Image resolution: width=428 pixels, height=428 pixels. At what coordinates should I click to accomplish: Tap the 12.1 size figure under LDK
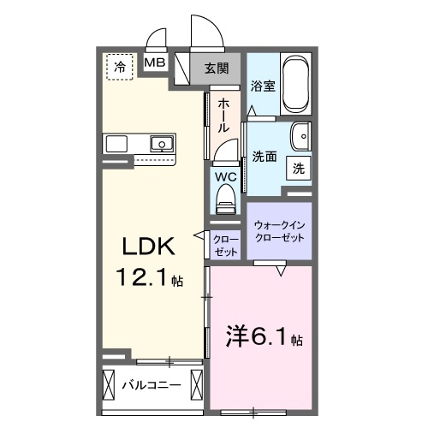tap(146, 279)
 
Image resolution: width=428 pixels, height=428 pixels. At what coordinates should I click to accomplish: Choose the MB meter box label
tap(155, 62)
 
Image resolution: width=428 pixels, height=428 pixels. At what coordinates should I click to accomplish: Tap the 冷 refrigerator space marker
tap(120, 65)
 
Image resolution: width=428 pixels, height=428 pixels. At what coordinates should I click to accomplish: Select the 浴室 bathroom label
tap(262, 86)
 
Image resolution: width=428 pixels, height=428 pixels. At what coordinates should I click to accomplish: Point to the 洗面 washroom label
tap(264, 157)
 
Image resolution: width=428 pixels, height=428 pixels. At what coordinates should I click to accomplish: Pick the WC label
tap(224, 177)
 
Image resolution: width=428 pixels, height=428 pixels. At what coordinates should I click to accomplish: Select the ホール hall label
tap(223, 114)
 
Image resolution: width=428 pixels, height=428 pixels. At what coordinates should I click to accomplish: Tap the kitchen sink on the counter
tap(160, 143)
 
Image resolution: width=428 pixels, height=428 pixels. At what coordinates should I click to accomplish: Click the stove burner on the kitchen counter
tap(117, 142)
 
